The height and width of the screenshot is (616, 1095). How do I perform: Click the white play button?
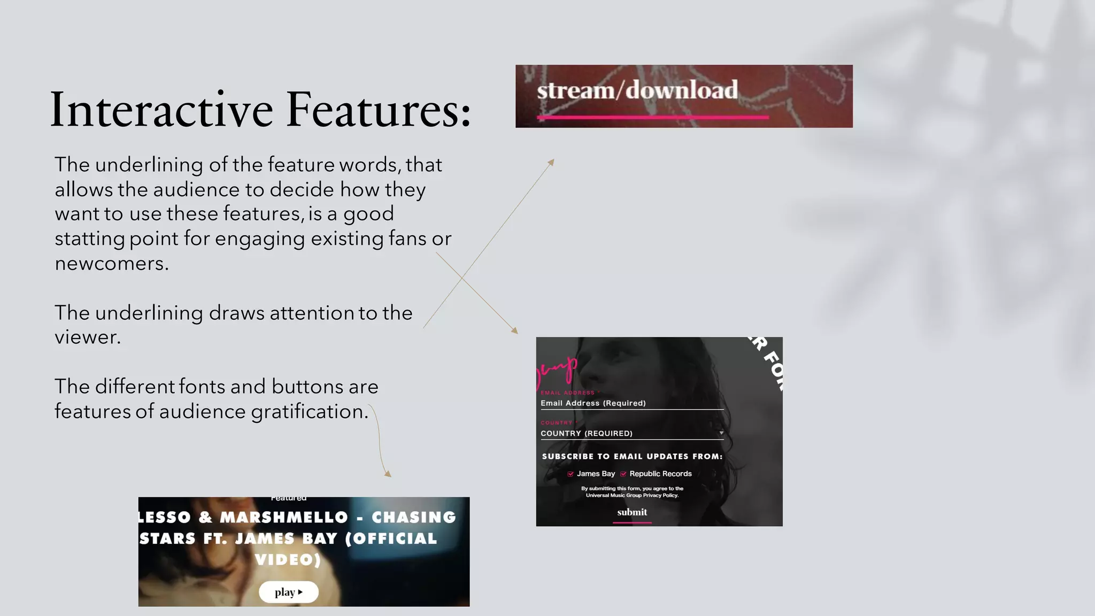coord(289,592)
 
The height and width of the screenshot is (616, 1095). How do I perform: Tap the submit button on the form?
coord(632,512)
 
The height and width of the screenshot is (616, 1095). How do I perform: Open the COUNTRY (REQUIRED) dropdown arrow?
coord(721,433)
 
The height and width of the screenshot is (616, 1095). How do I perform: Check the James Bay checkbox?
coord(570,474)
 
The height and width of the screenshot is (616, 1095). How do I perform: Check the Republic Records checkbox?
coord(623,474)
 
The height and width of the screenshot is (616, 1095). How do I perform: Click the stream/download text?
coord(637,90)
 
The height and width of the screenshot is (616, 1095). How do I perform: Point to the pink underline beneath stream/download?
coord(652,117)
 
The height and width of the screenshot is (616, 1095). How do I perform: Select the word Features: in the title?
coord(379,110)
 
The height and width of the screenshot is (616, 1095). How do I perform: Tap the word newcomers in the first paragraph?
coord(111,264)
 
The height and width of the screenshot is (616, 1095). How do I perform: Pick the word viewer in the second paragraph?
coord(87,337)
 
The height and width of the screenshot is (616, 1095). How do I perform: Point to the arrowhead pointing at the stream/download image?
coord(552,161)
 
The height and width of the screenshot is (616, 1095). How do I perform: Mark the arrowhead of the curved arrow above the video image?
coord(388,474)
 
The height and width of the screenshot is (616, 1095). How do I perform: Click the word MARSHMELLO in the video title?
coord(284,518)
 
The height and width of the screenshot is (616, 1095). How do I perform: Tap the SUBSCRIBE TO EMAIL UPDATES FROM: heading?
coord(632,457)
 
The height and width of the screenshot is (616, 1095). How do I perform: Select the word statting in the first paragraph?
coord(90,238)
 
